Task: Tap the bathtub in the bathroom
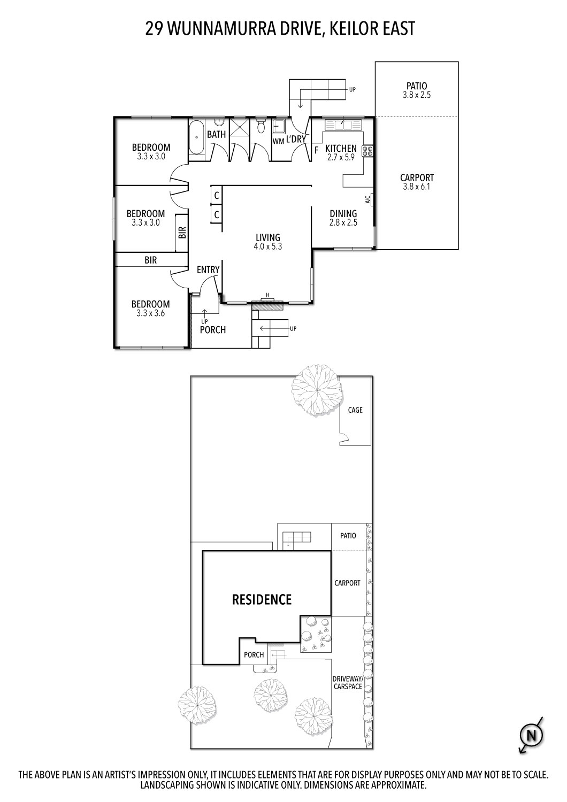(x=196, y=138)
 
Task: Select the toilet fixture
(x=260, y=127)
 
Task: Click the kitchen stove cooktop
(x=367, y=151)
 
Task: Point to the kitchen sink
(x=342, y=125)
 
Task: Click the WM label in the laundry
(x=278, y=141)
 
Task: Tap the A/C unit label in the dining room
(x=368, y=200)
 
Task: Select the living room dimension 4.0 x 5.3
(x=267, y=246)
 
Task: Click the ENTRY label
(x=208, y=269)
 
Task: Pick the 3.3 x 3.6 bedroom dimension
(x=150, y=313)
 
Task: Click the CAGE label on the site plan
(x=355, y=410)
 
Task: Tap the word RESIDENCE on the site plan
(x=262, y=599)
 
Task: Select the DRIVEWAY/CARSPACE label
(x=348, y=682)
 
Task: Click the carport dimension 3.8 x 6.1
(x=417, y=187)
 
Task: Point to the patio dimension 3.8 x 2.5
(x=417, y=95)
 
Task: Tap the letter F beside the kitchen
(x=316, y=149)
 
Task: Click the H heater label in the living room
(x=266, y=296)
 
